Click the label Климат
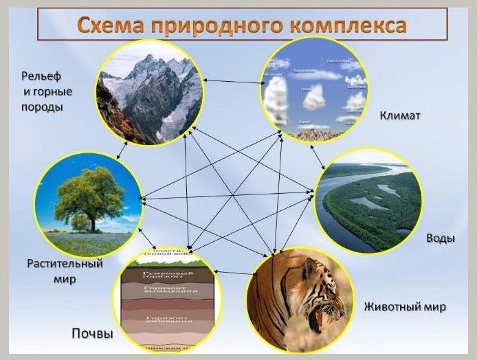point(399,115)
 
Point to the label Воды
point(440,238)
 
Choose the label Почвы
point(92,334)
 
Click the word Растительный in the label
point(65,264)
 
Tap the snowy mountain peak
point(149,61)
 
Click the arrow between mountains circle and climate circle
point(234,82)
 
